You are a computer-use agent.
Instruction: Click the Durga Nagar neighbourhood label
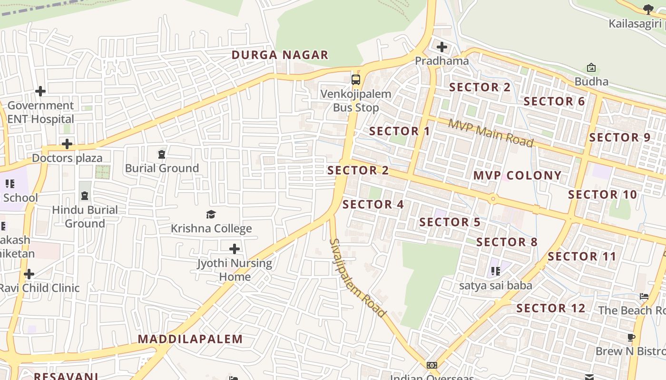pyautogui.click(x=280, y=55)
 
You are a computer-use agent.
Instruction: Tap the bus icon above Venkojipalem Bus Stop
pyautogui.click(x=356, y=79)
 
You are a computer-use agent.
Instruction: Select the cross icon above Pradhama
pyautogui.click(x=442, y=47)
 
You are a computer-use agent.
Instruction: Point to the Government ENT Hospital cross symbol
pyautogui.click(x=40, y=91)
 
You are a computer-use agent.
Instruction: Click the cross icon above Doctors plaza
pyautogui.click(x=67, y=143)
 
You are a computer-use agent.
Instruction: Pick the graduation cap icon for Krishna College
pyautogui.click(x=211, y=214)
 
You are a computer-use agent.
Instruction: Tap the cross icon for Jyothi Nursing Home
pyautogui.click(x=235, y=248)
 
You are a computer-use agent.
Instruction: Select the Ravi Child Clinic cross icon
pyautogui.click(x=29, y=274)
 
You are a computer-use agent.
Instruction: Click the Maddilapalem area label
pyautogui.click(x=190, y=339)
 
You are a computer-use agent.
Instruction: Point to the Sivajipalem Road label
pyautogui.click(x=357, y=278)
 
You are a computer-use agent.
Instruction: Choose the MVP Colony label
pyautogui.click(x=518, y=176)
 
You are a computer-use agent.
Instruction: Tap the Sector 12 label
pyautogui.click(x=551, y=308)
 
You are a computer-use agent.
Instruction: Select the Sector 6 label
pyautogui.click(x=554, y=102)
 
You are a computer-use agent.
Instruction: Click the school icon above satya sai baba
pyautogui.click(x=496, y=271)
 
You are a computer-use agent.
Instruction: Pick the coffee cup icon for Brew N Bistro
pyautogui.click(x=631, y=337)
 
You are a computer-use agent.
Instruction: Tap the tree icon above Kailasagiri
pyautogui.click(x=647, y=9)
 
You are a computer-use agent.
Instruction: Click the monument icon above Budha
pyautogui.click(x=591, y=67)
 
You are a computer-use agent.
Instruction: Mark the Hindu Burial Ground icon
pyautogui.click(x=85, y=195)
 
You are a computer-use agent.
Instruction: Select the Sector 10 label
pyautogui.click(x=602, y=195)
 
